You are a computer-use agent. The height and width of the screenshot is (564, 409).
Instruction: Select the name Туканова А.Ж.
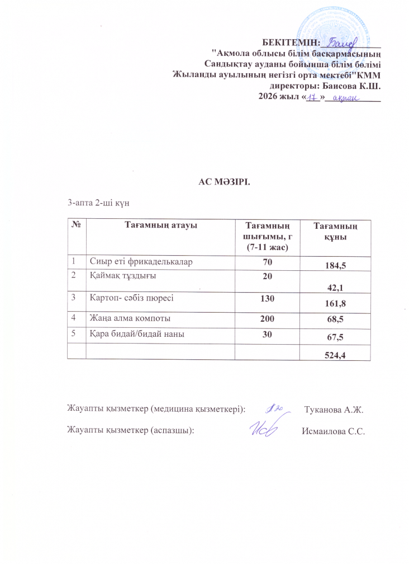pyautogui.click(x=334, y=410)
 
